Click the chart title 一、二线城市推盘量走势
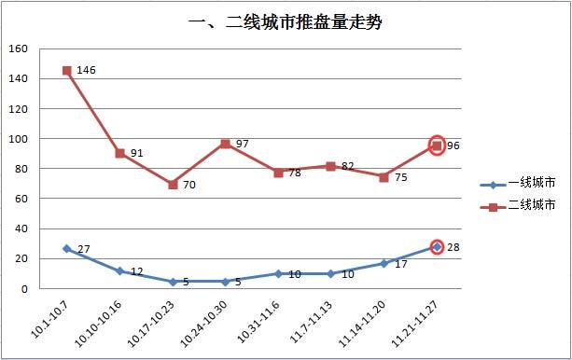[286, 22]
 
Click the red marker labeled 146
[67, 70]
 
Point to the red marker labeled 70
[173, 185]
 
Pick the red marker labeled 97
[226, 144]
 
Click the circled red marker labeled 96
[437, 145]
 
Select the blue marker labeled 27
[67, 248]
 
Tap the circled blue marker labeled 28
[437, 247]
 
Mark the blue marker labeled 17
[384, 263]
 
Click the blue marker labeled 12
[120, 271]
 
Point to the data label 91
[136, 154]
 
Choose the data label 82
[347, 167]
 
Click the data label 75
[399, 178]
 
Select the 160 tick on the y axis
[20, 48]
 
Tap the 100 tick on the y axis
[20, 139]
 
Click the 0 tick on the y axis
[26, 289]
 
